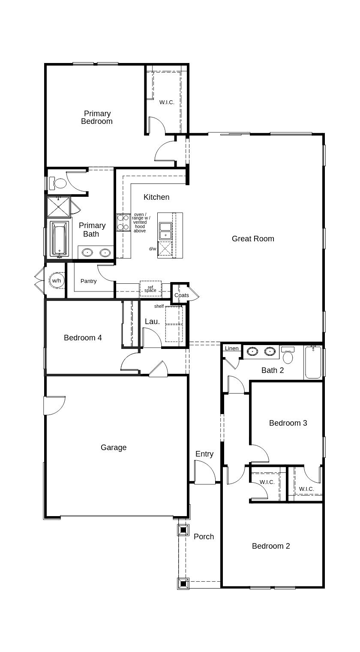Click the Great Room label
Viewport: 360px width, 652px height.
pos(253,239)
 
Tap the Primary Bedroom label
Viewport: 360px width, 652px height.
pos(97,117)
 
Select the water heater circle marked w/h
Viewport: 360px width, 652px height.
pos(57,281)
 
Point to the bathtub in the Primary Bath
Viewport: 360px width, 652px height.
pos(59,239)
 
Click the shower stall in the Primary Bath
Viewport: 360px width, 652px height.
pos(58,207)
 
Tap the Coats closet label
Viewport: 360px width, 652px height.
pos(181,295)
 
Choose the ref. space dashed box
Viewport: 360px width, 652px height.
pos(150,288)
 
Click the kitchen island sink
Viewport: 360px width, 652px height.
pos(165,231)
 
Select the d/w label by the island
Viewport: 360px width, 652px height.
pos(153,249)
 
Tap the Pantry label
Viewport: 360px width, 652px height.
pos(89,281)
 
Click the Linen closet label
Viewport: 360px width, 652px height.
pos(231,349)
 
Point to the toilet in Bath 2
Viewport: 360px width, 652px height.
pos(288,355)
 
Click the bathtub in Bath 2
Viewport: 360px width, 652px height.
pos(313,363)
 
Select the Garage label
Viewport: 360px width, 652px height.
pos(114,448)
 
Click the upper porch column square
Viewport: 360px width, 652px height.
pos(183,530)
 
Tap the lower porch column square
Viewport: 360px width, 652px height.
pos(183,583)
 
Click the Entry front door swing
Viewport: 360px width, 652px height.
pos(204,473)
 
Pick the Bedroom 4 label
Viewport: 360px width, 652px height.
pos(83,338)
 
